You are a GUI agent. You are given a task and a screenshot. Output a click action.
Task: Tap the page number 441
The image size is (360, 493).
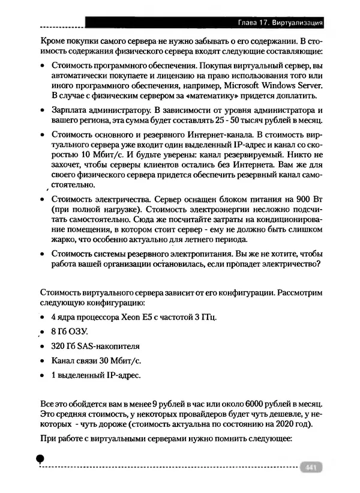pos(310,468)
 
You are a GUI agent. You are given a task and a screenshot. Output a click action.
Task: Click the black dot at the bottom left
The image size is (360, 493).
pos(40,458)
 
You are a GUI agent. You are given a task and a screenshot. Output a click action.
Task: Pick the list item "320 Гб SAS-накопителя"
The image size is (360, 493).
pos(95,346)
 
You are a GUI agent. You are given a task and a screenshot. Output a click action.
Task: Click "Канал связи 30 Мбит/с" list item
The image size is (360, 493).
pos(92,361)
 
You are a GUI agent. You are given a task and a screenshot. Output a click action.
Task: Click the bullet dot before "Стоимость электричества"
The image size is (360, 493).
pos(42,199)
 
